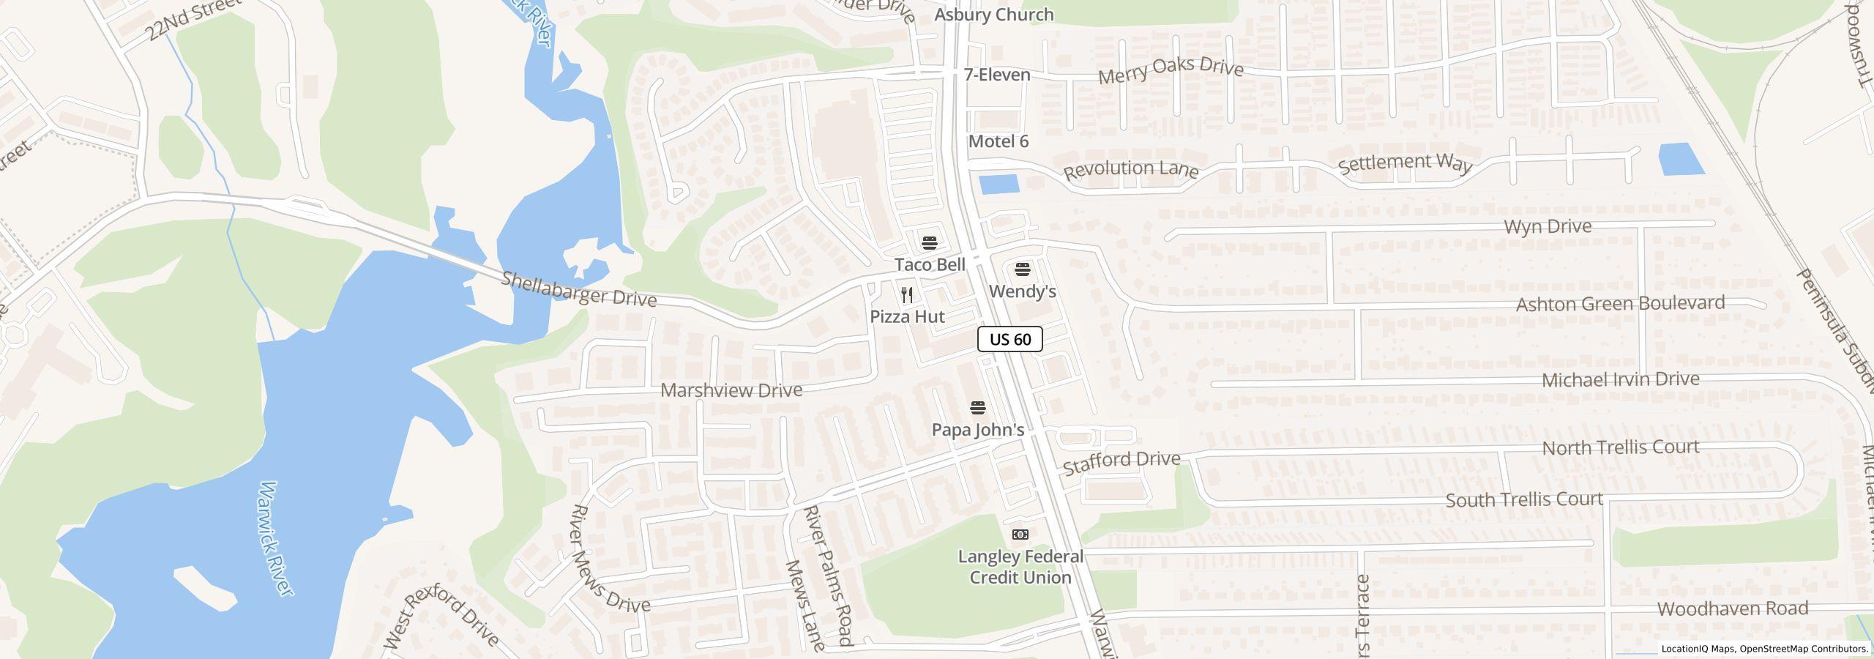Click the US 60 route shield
[1009, 339]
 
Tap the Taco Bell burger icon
[930, 242]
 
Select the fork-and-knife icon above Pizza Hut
[907, 295]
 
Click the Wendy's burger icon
[1023, 269]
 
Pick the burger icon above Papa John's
[978, 407]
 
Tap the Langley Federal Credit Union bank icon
[1020, 535]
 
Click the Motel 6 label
[998, 141]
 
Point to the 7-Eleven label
[997, 75]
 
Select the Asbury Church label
[994, 15]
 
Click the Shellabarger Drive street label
[578, 288]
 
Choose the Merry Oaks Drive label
[1171, 70]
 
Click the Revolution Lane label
[1131, 170]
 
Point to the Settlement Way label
[1405, 163]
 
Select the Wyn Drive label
[1548, 226]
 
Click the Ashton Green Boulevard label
[1620, 303]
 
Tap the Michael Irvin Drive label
[1620, 380]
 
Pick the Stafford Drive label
[1121, 463]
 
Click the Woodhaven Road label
[1733, 608]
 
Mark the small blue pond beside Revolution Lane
[999, 184]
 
